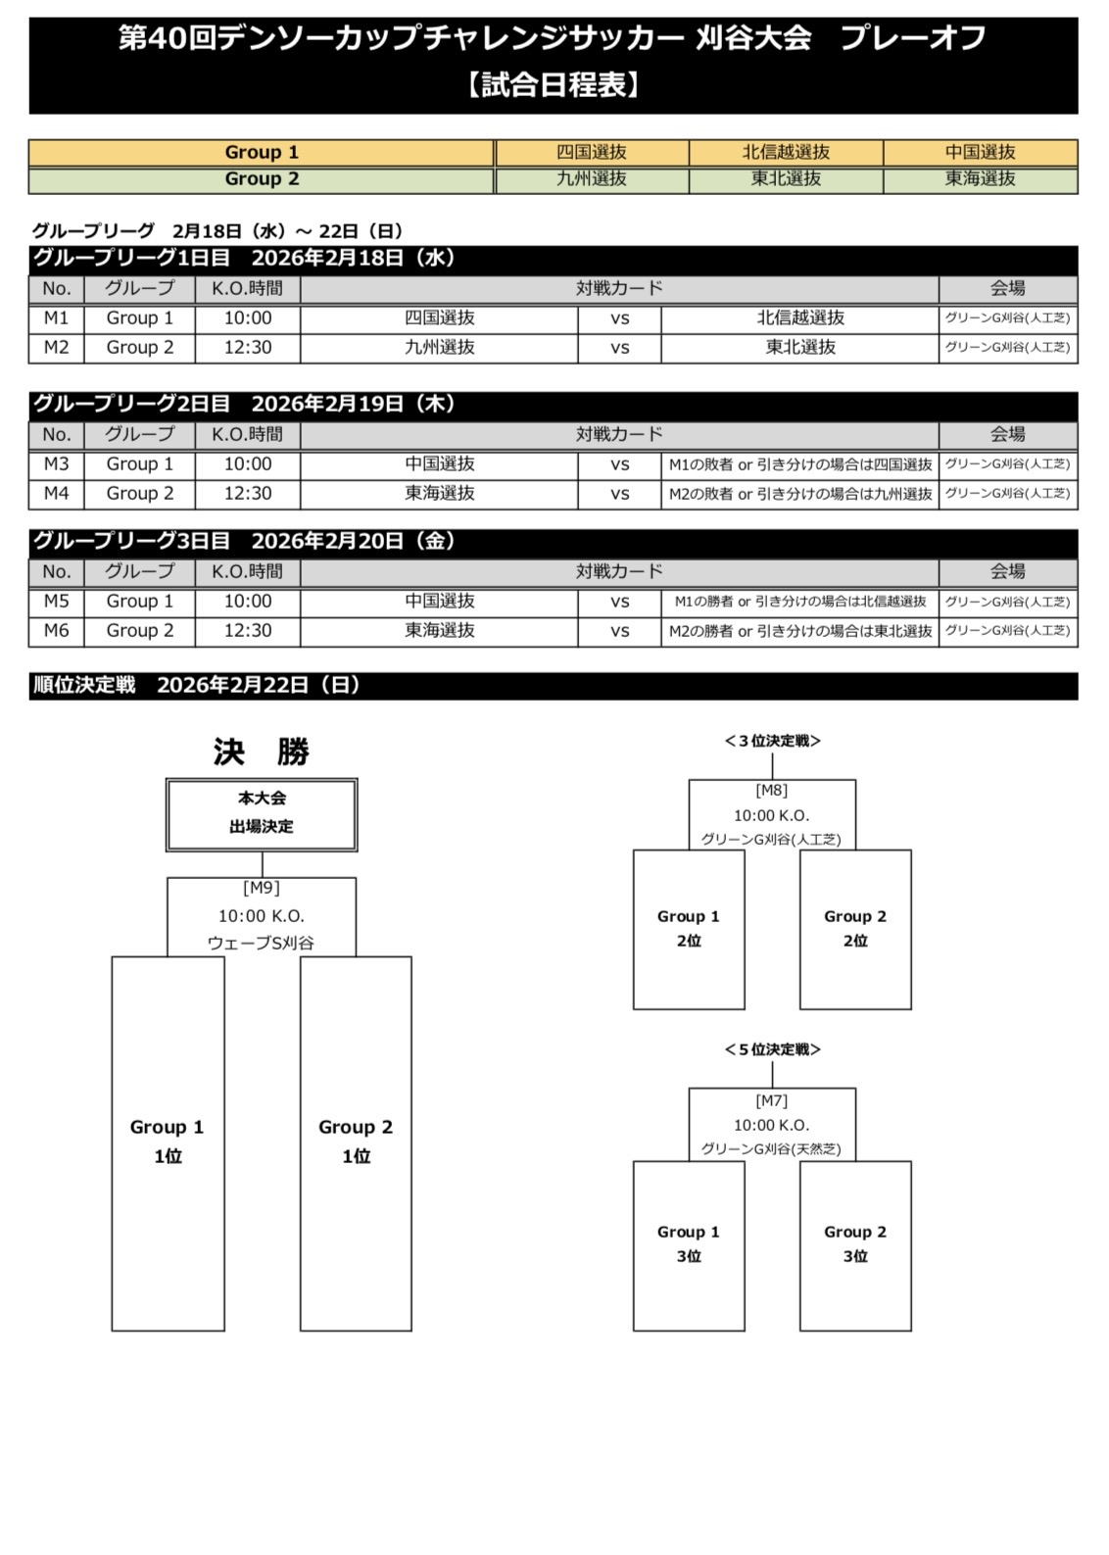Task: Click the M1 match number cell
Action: (56, 318)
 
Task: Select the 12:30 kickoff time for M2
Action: (247, 348)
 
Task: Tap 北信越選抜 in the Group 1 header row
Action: (786, 153)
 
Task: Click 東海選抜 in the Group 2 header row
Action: (980, 179)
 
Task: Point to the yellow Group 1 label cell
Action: (262, 153)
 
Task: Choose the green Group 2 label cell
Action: (262, 179)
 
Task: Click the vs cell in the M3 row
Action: (619, 464)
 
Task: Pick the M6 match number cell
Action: (56, 631)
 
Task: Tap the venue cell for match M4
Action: (1007, 494)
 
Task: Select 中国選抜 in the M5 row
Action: (439, 602)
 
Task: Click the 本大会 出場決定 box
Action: (262, 813)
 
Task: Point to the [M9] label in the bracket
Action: (262, 888)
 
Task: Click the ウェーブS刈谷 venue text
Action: (262, 944)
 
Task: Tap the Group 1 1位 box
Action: (168, 1142)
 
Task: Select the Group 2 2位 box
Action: (855, 929)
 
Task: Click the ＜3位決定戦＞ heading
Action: (772, 742)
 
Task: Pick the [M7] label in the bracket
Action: (772, 1101)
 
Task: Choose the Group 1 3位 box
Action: (689, 1244)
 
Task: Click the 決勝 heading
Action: (262, 753)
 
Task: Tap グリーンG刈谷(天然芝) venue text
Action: (772, 1149)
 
